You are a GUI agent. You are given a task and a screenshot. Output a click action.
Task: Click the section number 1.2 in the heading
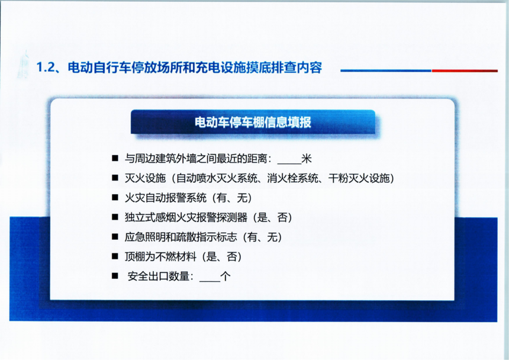pyautogui.click(x=45, y=67)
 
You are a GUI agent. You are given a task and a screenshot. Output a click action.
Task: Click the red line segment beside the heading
pyautogui.click(x=465, y=70)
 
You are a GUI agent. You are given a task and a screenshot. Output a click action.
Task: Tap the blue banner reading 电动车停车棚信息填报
pyautogui.click(x=253, y=122)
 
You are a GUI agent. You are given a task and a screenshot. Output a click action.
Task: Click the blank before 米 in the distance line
pyautogui.click(x=289, y=163)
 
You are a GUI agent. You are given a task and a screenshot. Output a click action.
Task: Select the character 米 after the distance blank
pyautogui.click(x=307, y=159)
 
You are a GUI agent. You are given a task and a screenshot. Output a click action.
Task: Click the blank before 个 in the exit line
pyautogui.click(x=210, y=281)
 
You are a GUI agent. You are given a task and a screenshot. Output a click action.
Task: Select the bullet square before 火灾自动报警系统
pyautogui.click(x=115, y=197)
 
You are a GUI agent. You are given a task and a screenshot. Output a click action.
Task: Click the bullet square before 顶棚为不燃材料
pyautogui.click(x=115, y=256)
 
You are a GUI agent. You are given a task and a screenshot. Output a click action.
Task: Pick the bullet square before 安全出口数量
pyautogui.click(x=115, y=276)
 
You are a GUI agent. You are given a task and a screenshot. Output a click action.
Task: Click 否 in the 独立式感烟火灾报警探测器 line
pyautogui.click(x=282, y=217)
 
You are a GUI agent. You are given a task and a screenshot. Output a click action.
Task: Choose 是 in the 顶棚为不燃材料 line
pyautogui.click(x=211, y=256)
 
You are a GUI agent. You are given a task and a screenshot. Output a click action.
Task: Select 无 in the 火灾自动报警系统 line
pyautogui.click(x=242, y=198)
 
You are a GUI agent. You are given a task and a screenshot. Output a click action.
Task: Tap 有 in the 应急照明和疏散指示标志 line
pyautogui.click(x=252, y=237)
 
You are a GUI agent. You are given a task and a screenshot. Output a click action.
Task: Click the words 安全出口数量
pyautogui.click(x=159, y=277)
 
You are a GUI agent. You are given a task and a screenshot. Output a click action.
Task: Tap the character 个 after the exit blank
pyautogui.click(x=225, y=277)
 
